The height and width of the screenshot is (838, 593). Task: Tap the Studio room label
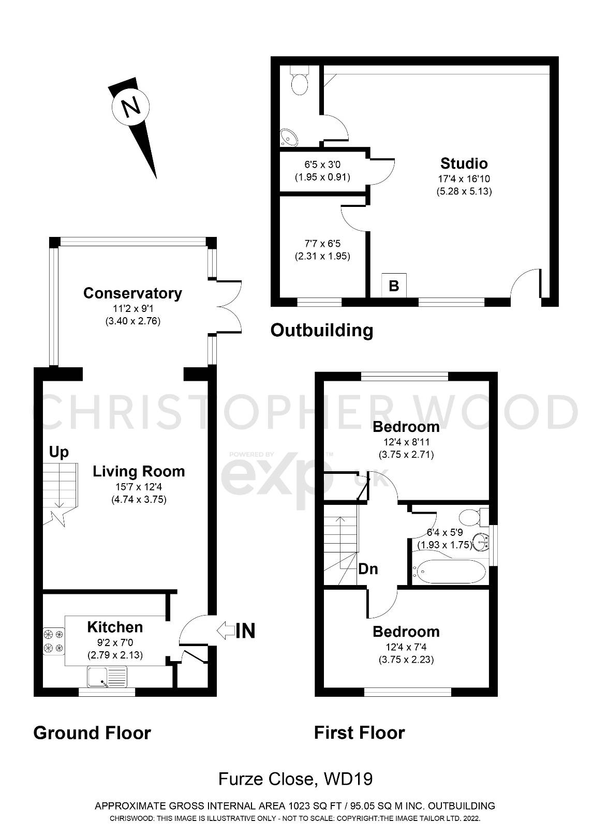464,163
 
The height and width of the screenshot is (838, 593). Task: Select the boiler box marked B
394,286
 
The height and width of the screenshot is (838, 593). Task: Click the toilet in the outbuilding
299,82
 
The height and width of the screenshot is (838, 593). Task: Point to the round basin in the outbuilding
288,137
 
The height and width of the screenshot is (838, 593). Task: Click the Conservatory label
132,293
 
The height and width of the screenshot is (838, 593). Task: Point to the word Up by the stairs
58,452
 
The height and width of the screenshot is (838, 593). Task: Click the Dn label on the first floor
368,569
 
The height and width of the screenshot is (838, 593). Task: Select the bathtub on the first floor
449,572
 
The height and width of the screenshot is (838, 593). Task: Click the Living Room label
139,471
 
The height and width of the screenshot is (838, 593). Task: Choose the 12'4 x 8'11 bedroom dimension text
406,442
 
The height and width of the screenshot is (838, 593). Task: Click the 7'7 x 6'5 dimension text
322,244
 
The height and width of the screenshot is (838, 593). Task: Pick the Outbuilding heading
321,330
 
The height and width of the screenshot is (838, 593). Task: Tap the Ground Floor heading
92,733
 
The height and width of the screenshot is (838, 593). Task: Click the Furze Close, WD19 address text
295,779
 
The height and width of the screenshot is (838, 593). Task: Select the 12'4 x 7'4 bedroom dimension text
406,647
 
